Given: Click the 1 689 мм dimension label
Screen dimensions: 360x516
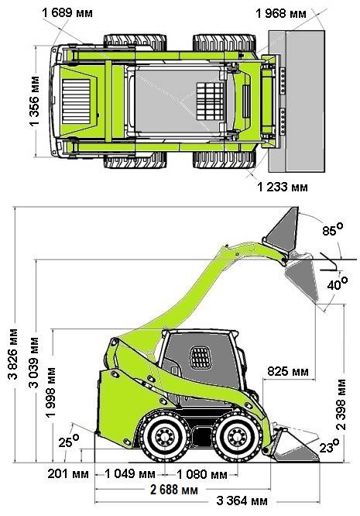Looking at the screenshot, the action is point(67,13).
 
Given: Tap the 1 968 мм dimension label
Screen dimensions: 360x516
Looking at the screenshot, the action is point(281,13).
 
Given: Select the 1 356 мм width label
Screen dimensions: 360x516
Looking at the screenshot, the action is point(34,101).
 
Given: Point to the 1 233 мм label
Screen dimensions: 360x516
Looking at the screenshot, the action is point(283,187).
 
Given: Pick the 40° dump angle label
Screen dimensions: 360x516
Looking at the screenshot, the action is point(338,284).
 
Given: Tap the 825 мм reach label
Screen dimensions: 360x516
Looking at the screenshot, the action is point(288,371).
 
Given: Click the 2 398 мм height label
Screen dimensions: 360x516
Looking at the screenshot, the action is point(341,404).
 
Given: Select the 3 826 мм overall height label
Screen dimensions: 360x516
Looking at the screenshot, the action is point(13,354).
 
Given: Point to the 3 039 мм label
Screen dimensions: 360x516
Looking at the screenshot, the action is point(33,362).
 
